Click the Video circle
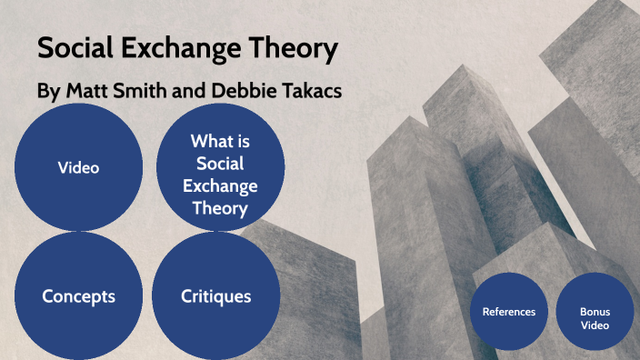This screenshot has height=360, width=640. [78, 167]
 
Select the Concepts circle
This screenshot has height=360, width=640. [78, 296]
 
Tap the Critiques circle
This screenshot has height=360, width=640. [215, 296]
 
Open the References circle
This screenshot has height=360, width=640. [509, 312]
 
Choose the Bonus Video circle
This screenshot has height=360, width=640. [595, 312]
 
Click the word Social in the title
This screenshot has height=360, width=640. [76, 51]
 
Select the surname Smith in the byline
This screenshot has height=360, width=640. [138, 93]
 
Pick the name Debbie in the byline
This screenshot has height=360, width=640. [234, 93]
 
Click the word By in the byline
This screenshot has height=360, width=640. [47, 93]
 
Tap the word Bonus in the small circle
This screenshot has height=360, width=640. [595, 311]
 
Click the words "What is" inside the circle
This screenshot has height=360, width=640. [220, 141]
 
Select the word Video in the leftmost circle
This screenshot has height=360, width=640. [78, 167]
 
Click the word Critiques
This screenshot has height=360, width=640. [215, 296]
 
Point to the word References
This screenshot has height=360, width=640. [509, 312]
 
